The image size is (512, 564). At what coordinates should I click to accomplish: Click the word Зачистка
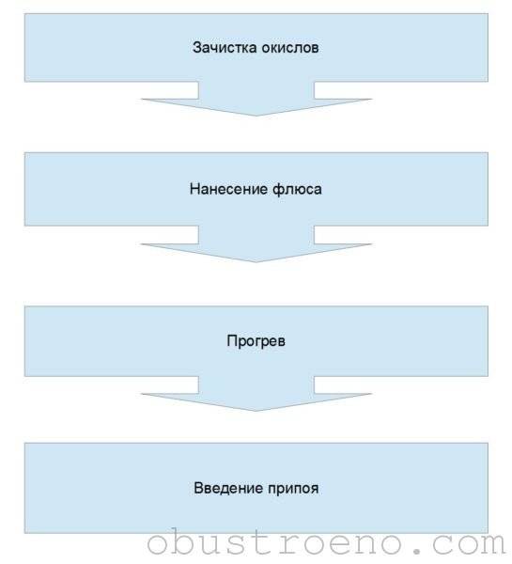[x=224, y=48]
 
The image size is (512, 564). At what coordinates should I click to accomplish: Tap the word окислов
[x=289, y=48]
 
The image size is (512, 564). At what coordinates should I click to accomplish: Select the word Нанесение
[x=228, y=189]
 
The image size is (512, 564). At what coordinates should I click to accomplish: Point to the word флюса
[x=297, y=189]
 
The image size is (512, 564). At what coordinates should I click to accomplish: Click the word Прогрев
[x=256, y=340]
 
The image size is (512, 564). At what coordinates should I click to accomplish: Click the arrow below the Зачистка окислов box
[x=256, y=99]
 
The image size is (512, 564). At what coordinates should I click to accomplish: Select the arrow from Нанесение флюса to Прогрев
[x=256, y=244]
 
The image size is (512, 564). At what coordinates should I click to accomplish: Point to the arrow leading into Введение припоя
[x=256, y=394]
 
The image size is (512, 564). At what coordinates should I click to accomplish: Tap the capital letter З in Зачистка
[x=197, y=48]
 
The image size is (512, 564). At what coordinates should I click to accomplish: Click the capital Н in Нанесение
[x=194, y=189]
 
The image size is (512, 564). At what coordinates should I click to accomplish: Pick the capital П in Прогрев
[x=232, y=340]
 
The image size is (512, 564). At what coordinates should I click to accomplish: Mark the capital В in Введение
[x=198, y=488]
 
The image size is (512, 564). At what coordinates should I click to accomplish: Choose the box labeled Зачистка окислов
[x=256, y=48]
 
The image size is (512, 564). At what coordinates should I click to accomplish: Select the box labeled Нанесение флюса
[x=256, y=189]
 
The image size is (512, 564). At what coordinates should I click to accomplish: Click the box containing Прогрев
[x=256, y=341]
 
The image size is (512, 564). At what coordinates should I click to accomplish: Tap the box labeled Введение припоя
[x=256, y=488]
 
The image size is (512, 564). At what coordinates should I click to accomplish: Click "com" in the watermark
[x=469, y=543]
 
